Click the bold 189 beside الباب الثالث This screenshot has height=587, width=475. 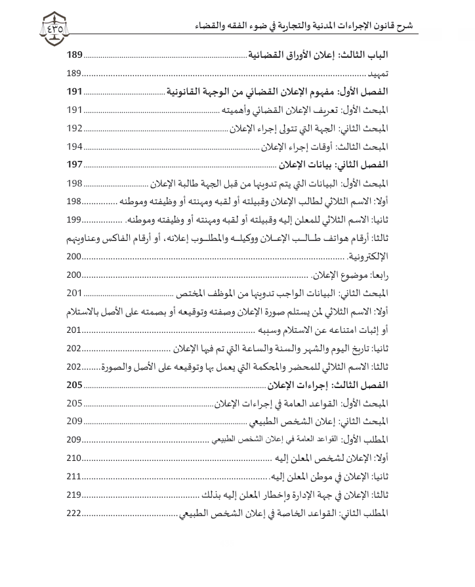point(76,56)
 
